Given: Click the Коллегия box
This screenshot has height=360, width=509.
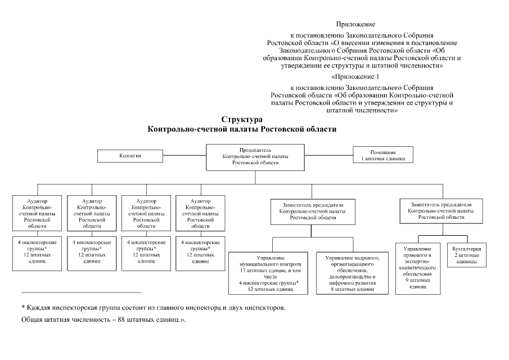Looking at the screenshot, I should [129, 155].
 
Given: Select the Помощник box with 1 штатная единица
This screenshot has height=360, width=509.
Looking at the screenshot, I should [383, 155].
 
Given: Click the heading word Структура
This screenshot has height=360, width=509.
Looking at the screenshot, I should [241, 120].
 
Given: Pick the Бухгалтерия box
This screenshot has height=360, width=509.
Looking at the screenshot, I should [466, 254].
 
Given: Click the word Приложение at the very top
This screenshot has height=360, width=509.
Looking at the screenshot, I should [355, 24].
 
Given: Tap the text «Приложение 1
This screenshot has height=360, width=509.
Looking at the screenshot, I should [355, 76].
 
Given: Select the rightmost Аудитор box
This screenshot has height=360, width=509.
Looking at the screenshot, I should [200, 213].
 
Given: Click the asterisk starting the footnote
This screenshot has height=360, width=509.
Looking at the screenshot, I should [23, 308].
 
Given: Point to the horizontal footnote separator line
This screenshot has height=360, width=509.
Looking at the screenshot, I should [81, 292].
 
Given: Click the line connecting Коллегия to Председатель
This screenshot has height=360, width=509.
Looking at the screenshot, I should [183, 155].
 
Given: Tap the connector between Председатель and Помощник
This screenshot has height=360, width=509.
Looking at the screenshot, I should [329, 155].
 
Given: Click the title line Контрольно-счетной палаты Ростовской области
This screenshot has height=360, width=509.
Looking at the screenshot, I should [241, 129].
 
